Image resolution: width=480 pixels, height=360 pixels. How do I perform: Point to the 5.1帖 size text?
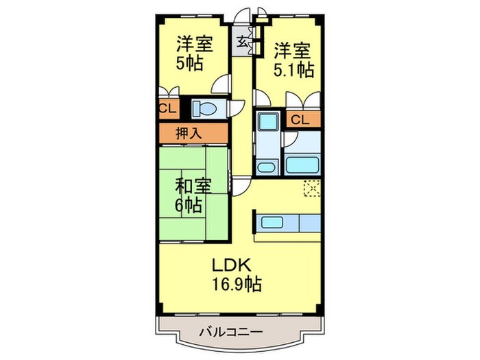point(296,70)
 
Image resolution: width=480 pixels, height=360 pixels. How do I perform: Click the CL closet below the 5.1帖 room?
point(299,120)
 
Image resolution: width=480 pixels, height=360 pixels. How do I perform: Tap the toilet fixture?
point(204,108)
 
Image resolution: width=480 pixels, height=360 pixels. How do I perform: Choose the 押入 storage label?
point(189,132)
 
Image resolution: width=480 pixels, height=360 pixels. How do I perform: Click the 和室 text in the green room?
point(193,185)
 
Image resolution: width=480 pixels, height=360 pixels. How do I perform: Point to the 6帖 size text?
point(188,205)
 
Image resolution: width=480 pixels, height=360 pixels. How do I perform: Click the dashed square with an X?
point(312,189)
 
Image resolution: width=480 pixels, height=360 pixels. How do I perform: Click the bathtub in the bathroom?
point(302,165)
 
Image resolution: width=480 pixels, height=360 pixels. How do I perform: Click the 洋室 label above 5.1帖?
point(293,50)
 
